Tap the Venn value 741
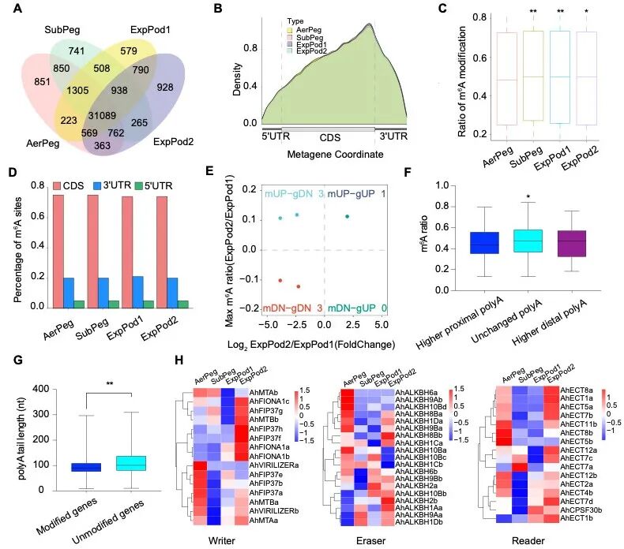[77, 50]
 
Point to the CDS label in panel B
[327, 136]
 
